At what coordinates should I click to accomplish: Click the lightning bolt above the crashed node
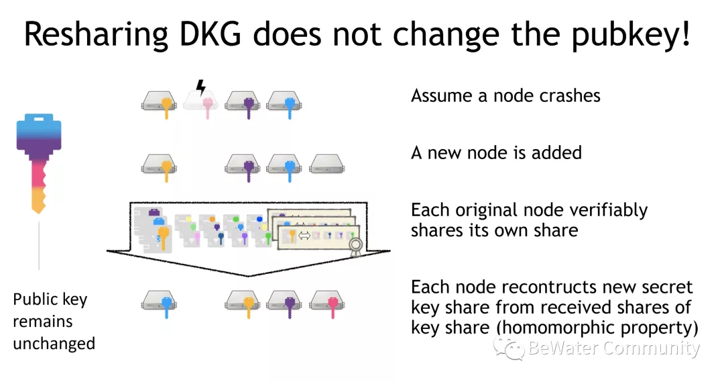coord(200,87)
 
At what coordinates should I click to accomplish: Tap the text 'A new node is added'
coord(496,152)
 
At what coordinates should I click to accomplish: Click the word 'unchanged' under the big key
coord(54,343)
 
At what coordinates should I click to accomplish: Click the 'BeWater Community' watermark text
coord(613,348)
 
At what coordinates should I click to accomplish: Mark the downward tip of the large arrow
coord(249,275)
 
